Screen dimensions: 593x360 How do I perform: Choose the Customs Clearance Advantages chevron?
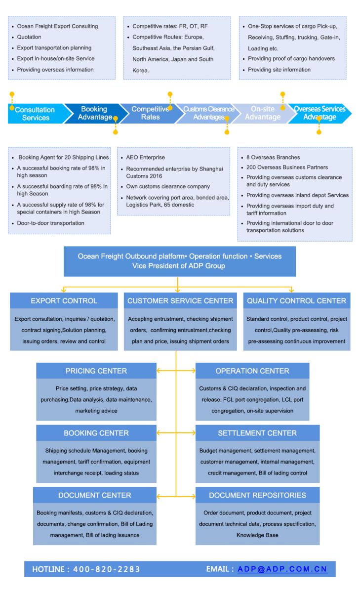click(x=205, y=113)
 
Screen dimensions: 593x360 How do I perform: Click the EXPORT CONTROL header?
click(x=64, y=300)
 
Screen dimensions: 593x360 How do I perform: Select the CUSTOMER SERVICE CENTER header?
click(x=180, y=300)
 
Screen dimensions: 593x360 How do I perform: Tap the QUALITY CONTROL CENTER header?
click(x=297, y=300)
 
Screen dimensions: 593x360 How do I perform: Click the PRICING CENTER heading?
click(x=96, y=371)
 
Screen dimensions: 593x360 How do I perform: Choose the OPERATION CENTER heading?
click(x=252, y=371)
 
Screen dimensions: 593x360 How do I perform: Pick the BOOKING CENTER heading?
click(x=96, y=433)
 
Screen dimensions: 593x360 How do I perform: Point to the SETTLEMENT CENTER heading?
click(x=257, y=433)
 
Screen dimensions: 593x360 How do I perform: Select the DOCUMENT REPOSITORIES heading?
click(x=257, y=495)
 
